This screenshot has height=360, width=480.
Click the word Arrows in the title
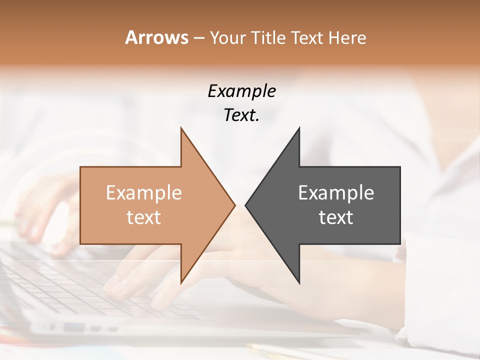click(157, 37)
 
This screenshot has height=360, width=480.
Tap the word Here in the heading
click(348, 37)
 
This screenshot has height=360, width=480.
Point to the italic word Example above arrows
click(241, 91)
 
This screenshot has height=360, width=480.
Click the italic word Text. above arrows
click(241, 115)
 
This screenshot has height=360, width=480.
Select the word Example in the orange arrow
click(144, 193)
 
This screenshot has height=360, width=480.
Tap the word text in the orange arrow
click(144, 217)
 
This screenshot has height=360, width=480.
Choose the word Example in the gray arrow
click(336, 193)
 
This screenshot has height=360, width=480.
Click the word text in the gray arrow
click(336, 217)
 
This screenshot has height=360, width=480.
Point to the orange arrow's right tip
click(235, 205)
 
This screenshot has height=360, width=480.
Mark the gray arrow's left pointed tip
click(245, 205)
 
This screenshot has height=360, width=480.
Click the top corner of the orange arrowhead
click(181, 128)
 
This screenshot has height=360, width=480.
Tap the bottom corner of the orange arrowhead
click(181, 283)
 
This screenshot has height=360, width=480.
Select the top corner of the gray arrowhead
click(299, 128)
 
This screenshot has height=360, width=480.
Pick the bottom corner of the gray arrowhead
click(299, 283)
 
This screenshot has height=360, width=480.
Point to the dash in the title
click(198, 38)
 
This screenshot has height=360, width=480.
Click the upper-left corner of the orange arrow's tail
click(80, 167)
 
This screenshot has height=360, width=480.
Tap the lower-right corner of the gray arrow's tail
click(400, 244)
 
